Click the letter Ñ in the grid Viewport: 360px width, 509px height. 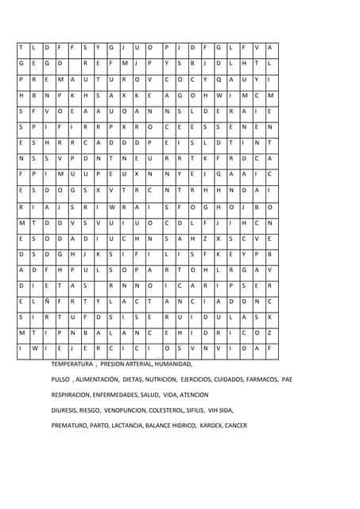47,301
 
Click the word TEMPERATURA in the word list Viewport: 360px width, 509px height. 72,363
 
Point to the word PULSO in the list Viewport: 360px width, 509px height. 60,379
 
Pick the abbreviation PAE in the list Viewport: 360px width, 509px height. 288,379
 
